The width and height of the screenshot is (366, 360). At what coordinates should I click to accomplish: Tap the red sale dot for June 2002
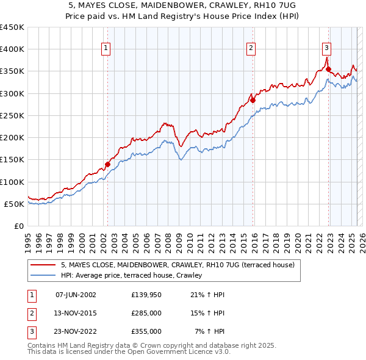[x=108, y=164]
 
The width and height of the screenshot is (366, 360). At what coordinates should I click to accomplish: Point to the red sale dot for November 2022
[x=328, y=70]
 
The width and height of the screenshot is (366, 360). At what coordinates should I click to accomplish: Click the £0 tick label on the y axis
[x=20, y=226]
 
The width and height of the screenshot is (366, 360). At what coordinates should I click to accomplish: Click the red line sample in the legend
[x=43, y=265]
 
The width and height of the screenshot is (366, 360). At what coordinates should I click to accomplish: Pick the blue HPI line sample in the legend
[x=43, y=276]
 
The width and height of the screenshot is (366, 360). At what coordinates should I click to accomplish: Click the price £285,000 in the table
[x=146, y=313]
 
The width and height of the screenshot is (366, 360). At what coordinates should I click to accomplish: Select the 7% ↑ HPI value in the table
[x=210, y=331]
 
